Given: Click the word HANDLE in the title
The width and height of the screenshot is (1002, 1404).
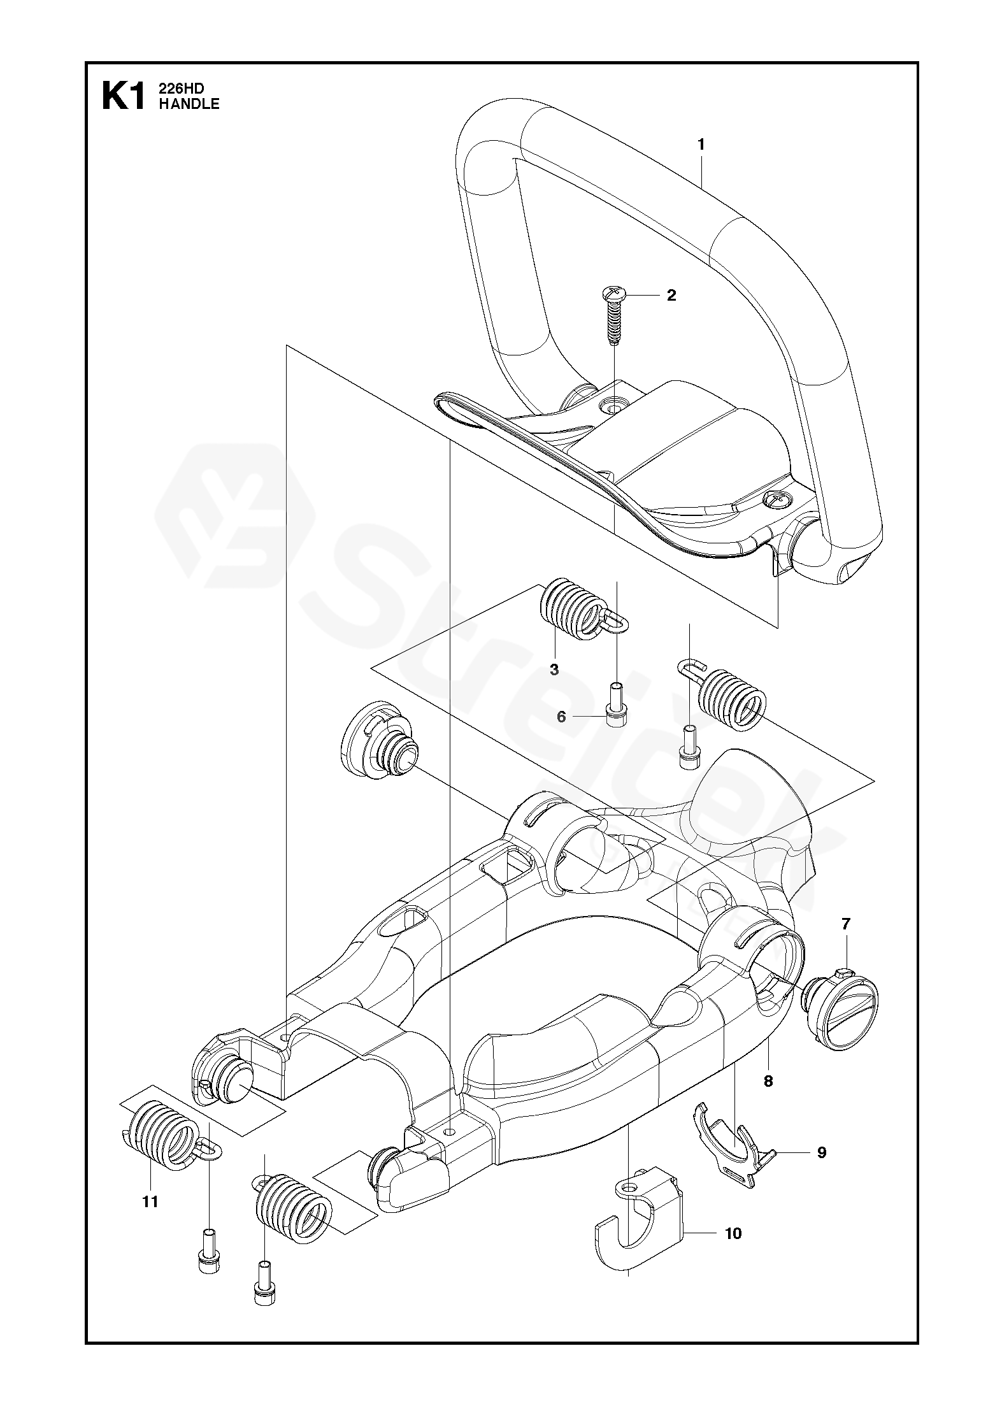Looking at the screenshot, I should click(189, 104).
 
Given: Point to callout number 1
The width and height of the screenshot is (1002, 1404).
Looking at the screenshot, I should click(701, 145).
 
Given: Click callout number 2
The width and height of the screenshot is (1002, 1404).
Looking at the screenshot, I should click(671, 296).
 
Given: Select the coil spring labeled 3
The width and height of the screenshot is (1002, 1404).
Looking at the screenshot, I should click(571, 608).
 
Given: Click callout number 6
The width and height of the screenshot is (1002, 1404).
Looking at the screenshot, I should click(561, 717).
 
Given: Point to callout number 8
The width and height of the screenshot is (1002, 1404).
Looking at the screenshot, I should click(768, 1080).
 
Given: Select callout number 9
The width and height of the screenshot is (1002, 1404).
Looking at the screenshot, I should click(822, 1152).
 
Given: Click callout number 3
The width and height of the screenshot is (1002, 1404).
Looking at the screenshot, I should click(554, 670).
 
